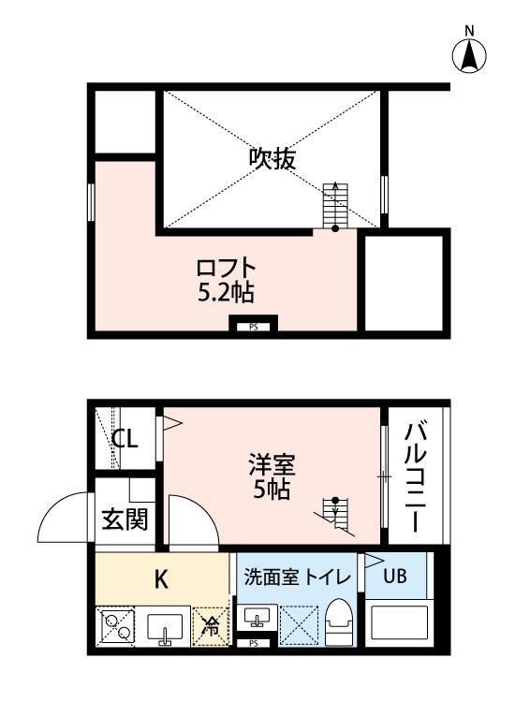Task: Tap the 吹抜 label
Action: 272,159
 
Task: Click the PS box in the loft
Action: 253,327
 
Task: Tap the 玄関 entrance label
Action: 125,519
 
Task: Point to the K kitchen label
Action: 160,578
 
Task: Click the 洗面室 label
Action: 266,577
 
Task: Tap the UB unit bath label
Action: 394,577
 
